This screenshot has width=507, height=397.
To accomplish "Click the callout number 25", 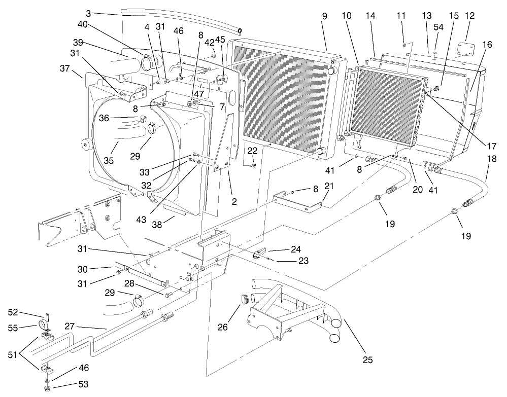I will coord(368,360).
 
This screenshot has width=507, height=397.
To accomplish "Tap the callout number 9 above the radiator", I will coord(324,16).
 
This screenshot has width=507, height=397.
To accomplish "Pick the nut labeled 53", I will coord(47,389).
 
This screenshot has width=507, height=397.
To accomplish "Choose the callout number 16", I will coord(487,45).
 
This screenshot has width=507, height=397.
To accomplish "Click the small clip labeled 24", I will coord(259,253).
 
